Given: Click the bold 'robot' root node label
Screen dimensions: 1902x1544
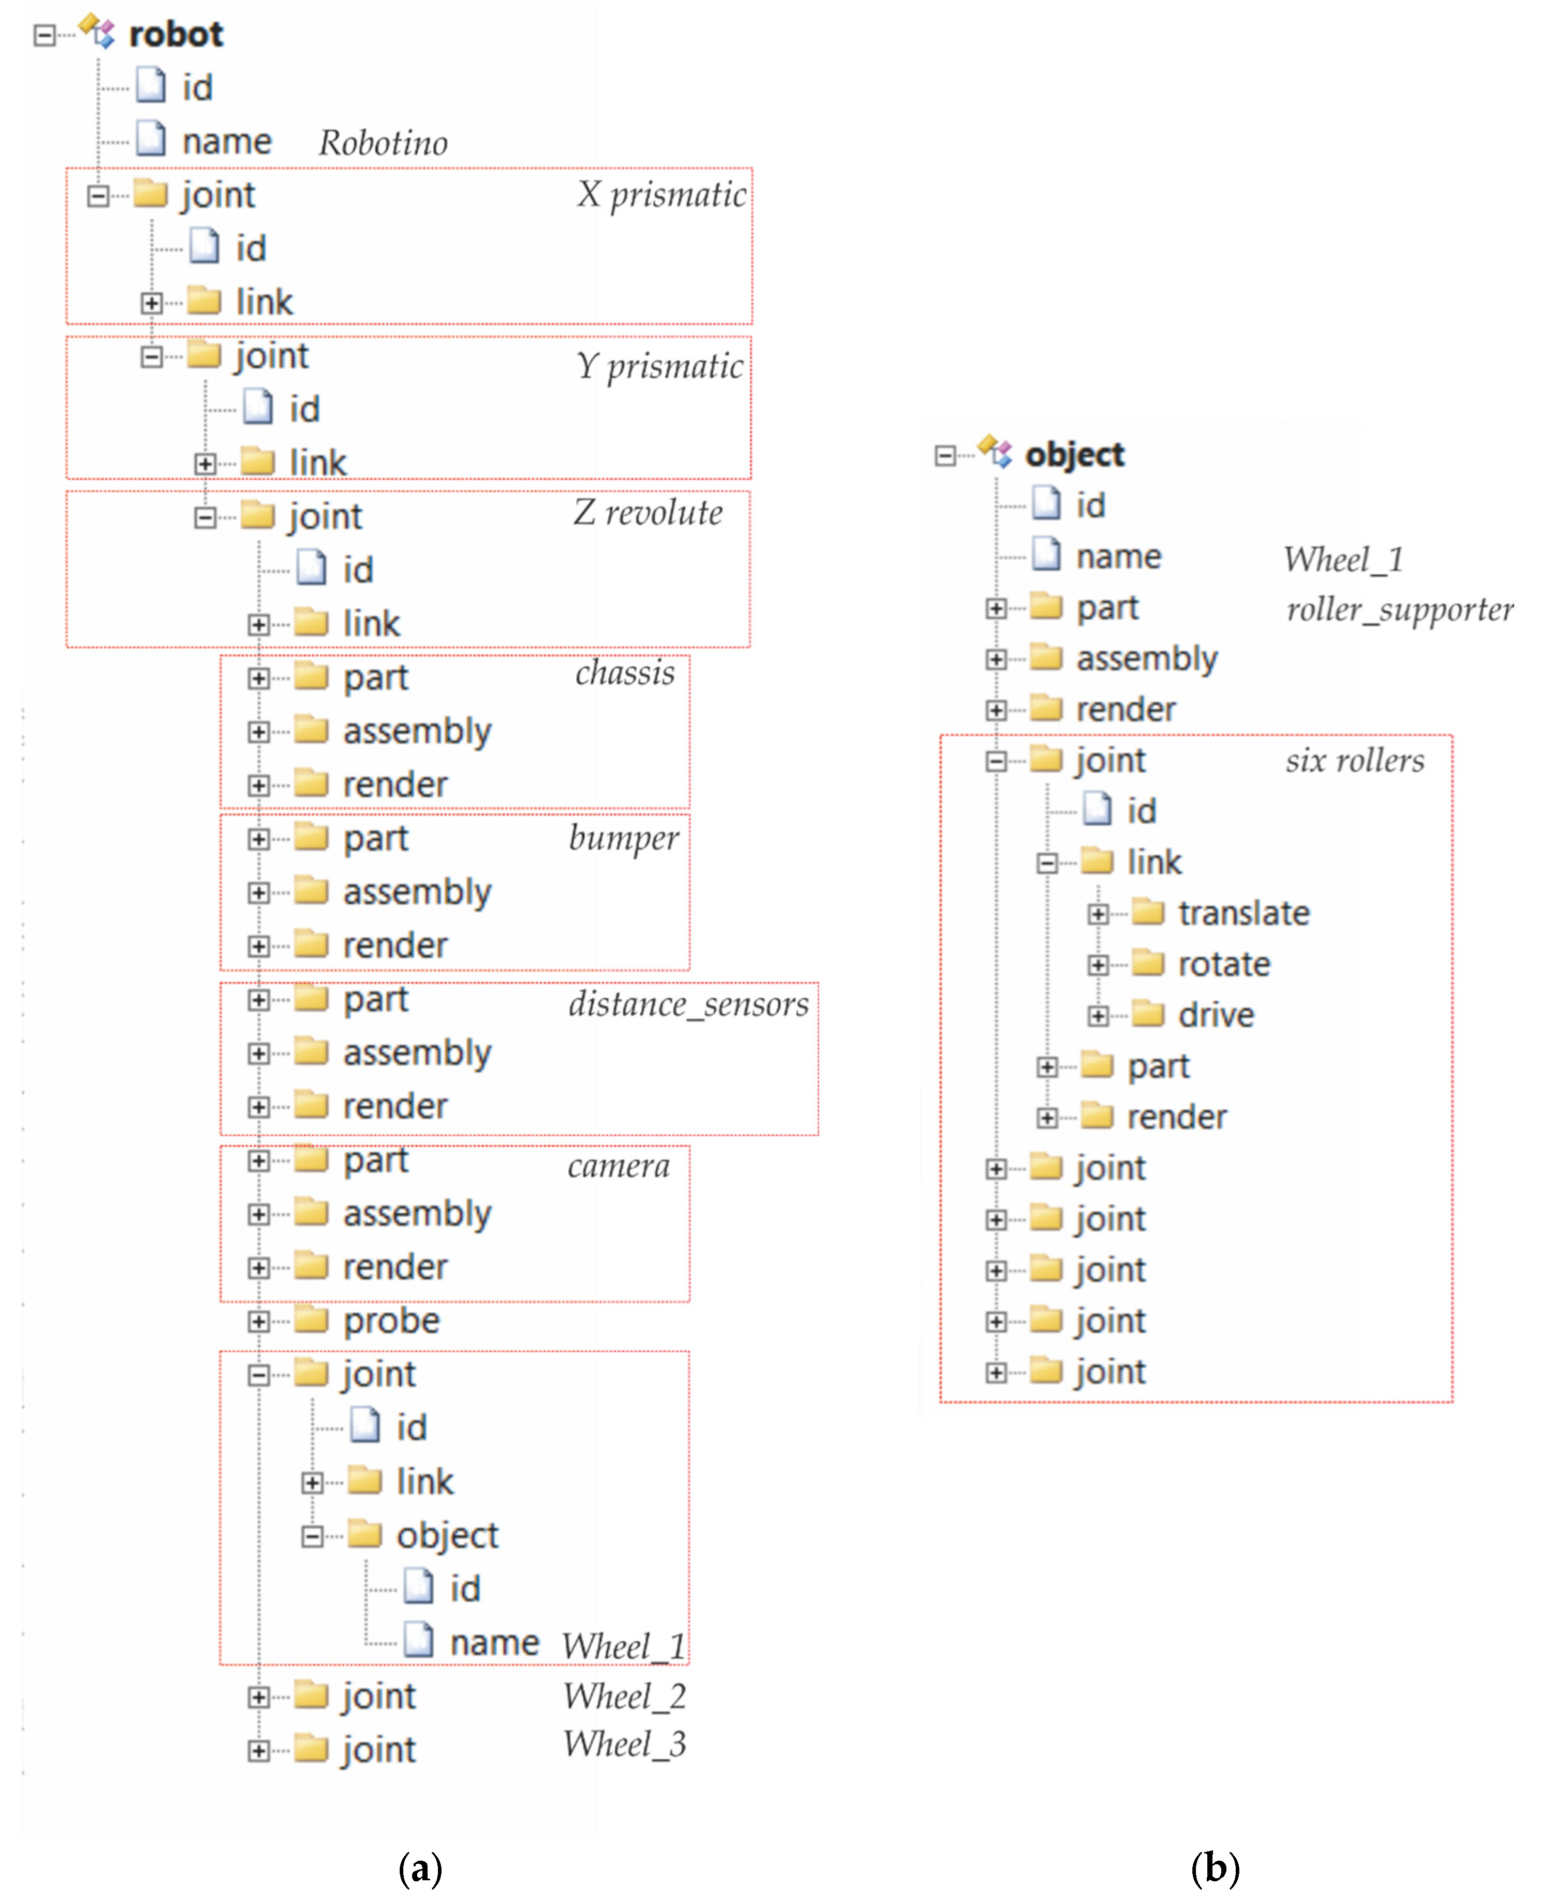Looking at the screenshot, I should pos(175,34).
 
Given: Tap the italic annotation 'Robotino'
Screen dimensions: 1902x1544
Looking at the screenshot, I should pos(383,143).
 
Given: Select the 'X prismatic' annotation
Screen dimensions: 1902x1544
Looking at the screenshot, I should pos(661,194).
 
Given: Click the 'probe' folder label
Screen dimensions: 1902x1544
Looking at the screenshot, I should pos(391,1320).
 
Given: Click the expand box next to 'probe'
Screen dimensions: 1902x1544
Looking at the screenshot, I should pos(258,1321).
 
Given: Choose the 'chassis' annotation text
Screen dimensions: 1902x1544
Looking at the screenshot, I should pos(624,672).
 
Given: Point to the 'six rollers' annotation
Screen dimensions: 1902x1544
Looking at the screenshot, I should pos(1353,760).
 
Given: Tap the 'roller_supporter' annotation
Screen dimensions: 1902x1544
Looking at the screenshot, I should pos(1399,609).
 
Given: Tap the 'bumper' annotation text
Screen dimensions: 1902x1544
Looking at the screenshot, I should pos(623,837).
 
